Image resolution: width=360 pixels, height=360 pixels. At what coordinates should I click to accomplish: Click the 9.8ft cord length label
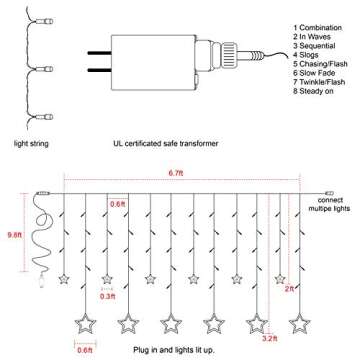(14, 236)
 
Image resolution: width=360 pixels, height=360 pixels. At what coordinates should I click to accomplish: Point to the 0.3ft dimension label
(109, 295)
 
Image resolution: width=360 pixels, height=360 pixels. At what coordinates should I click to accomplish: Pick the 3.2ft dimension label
(269, 339)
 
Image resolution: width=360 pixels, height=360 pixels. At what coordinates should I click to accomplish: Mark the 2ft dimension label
(289, 288)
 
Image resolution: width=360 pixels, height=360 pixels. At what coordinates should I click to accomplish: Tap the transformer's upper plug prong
(101, 55)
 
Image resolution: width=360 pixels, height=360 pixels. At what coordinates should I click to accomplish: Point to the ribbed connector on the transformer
(229, 53)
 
